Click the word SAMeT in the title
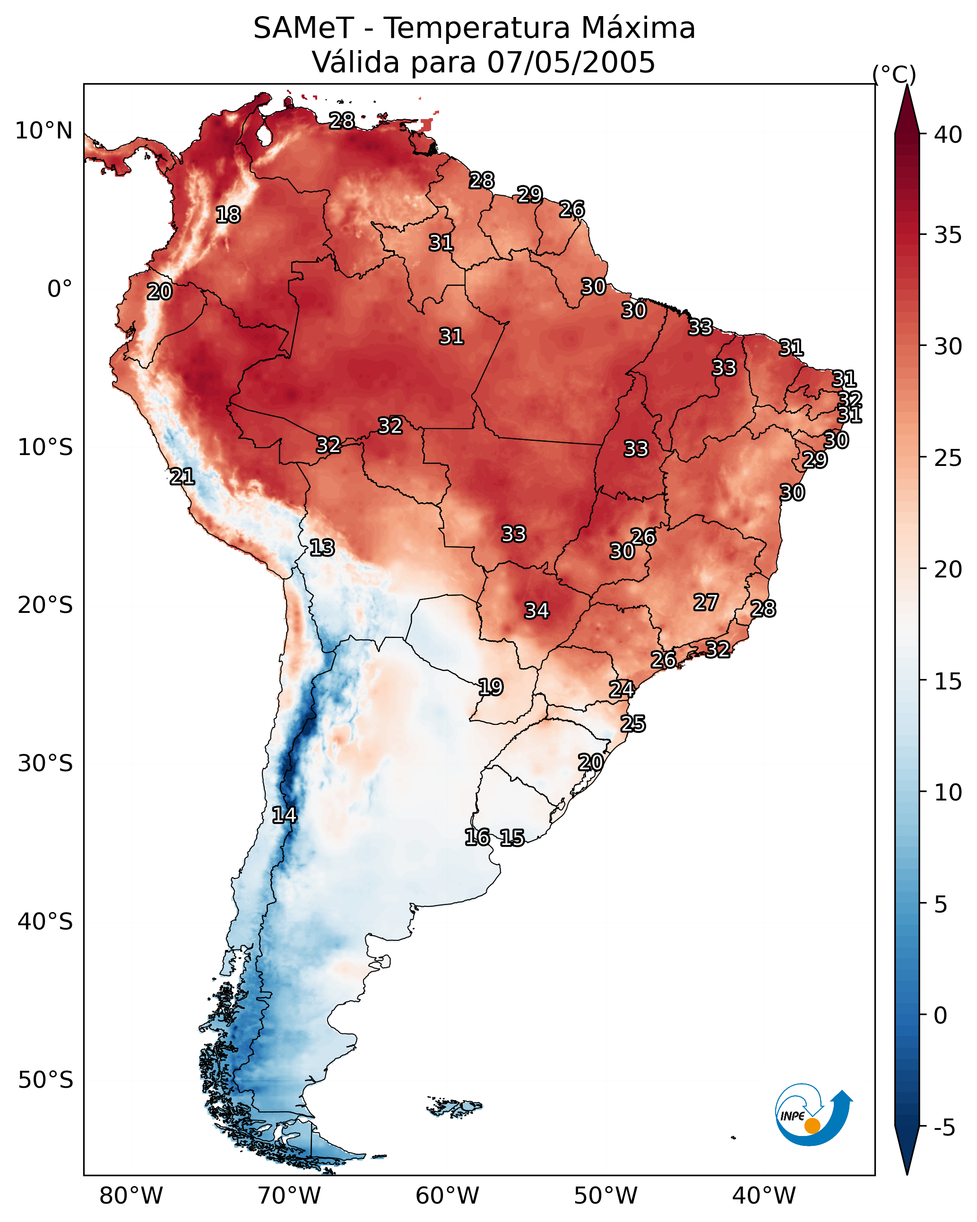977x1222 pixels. (303, 28)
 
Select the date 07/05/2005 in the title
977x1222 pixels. (571, 62)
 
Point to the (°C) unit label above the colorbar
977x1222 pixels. (894, 74)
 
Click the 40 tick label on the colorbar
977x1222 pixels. (948, 135)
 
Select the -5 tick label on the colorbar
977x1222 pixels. (944, 1128)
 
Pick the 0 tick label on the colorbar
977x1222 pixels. (940, 1015)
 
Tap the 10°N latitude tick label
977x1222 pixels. (43, 131)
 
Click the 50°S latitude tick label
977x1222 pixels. (45, 1080)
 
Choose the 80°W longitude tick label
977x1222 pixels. (131, 1196)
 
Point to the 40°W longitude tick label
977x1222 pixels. (764, 1196)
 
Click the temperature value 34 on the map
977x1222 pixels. (536, 611)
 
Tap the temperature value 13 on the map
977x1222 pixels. (322, 548)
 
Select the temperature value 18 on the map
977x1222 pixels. (228, 215)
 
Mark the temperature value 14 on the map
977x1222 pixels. (284, 815)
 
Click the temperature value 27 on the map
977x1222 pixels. (706, 602)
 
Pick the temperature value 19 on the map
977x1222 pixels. (491, 687)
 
